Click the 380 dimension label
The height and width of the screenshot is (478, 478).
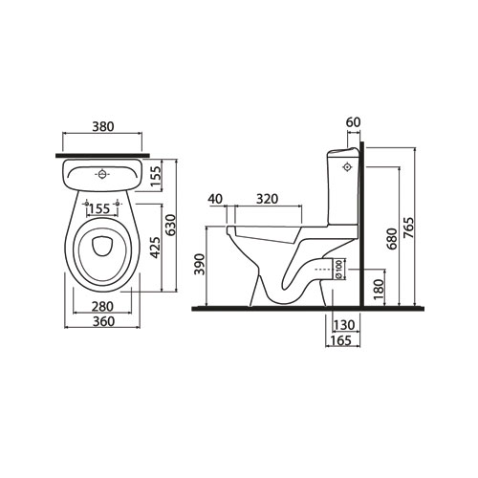pos(103,126)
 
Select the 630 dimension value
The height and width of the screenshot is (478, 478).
pos(171,225)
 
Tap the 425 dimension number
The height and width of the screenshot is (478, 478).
pos(155,248)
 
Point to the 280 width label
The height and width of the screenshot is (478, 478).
pos(102,307)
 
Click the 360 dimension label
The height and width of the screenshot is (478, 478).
pos(104,321)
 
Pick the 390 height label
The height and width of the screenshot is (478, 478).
pos(200,264)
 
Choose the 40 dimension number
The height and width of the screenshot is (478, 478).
pos(215,199)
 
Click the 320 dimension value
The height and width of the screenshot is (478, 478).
pos(268,199)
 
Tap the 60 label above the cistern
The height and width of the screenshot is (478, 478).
pos(353,122)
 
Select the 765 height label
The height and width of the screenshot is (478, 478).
pos(408,228)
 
